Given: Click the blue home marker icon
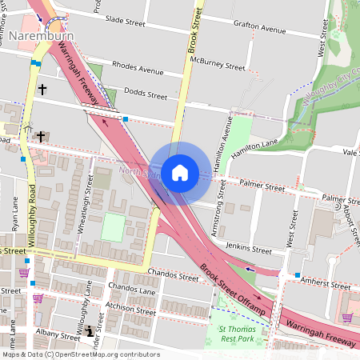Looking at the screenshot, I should pyautogui.click(x=180, y=172).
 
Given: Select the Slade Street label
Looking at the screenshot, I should pyautogui.click(x=125, y=19).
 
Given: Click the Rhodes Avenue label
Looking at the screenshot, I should pyautogui.click(x=138, y=69).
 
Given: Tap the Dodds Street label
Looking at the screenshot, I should pyautogui.click(x=146, y=95).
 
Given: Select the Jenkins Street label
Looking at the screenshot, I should pyautogui.click(x=245, y=248).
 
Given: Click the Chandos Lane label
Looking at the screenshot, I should pyautogui.click(x=133, y=290).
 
